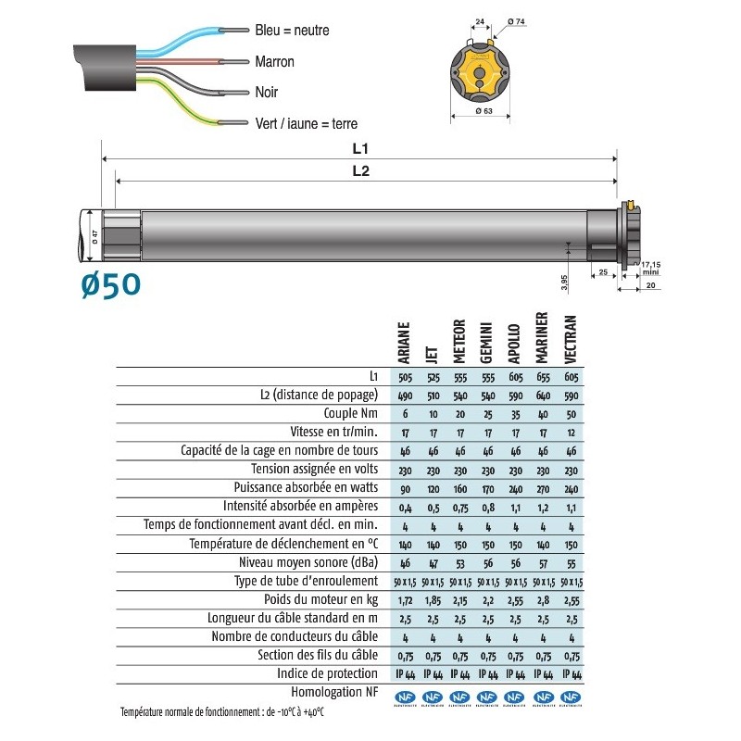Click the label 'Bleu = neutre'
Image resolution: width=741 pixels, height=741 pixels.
coord(292,31)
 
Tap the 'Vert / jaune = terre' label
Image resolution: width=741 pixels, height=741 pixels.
coord(306,123)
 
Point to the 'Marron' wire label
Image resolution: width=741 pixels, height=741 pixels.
coord(274,62)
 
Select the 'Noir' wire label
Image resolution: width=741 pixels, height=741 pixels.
coord(266,93)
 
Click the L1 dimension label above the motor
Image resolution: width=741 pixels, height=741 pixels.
coord(361,147)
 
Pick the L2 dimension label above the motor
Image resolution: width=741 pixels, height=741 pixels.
coord(361,170)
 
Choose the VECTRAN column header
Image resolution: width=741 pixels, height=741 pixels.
coord(571,340)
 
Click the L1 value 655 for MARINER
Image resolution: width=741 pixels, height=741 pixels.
coord(543,377)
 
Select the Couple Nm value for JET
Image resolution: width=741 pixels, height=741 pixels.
coord(433,413)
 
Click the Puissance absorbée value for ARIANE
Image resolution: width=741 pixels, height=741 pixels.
coord(405,487)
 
